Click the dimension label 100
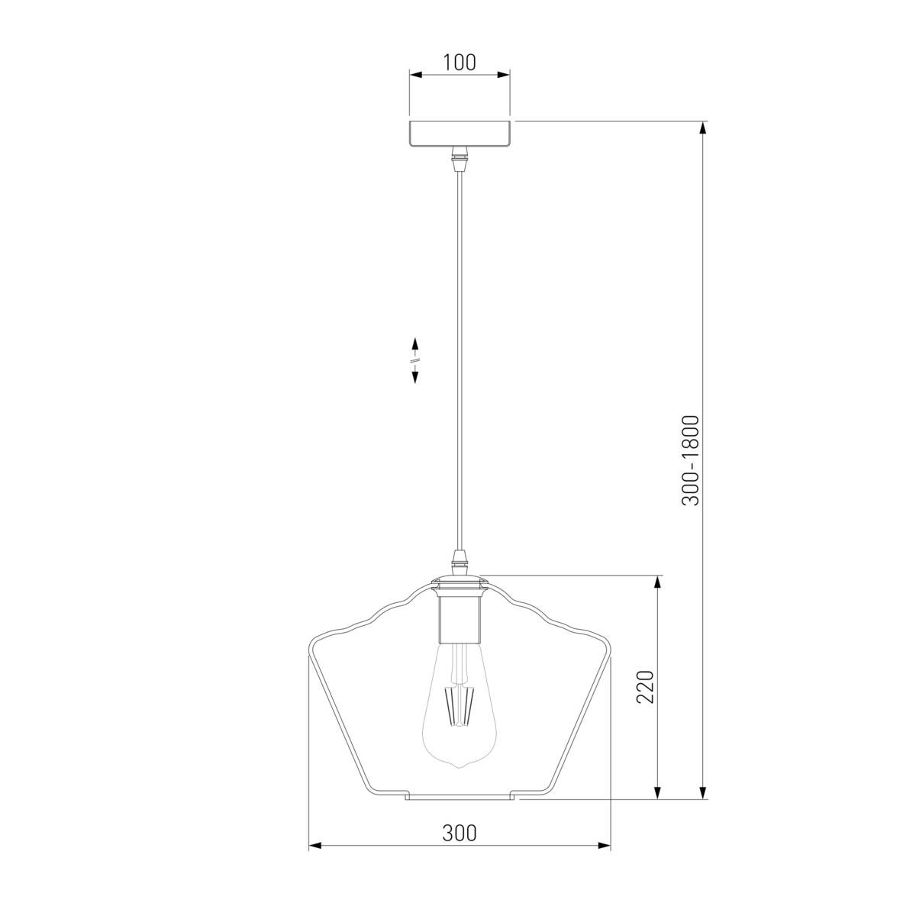point(460,63)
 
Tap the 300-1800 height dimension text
point(690,460)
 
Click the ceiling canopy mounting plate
point(460,134)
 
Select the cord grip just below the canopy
point(460,159)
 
